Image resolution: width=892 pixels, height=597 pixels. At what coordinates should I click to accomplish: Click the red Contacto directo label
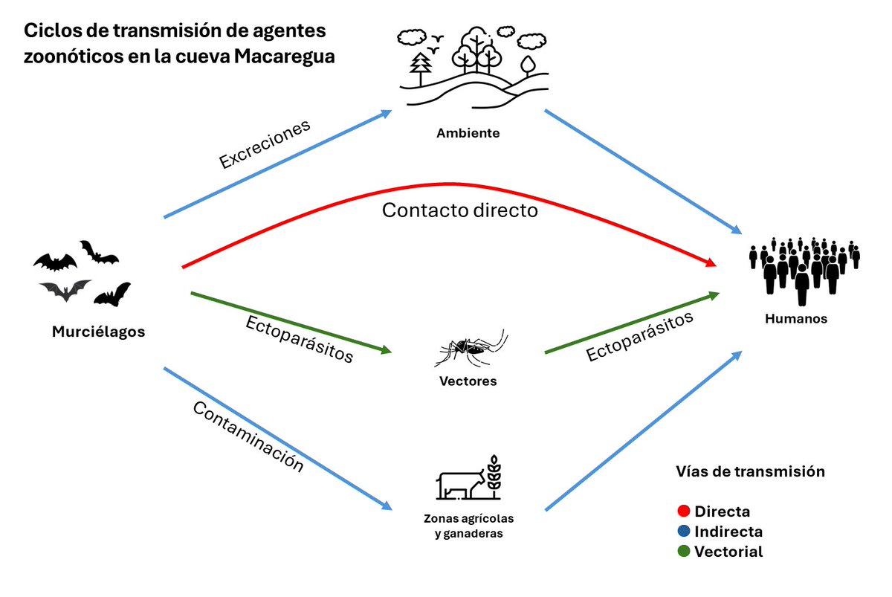coord(459,210)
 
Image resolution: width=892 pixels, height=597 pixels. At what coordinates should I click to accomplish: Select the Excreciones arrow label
coord(265,145)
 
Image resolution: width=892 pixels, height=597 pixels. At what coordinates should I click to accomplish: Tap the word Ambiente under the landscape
coord(468,134)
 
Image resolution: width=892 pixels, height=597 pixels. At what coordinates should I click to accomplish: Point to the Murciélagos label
coord(98,332)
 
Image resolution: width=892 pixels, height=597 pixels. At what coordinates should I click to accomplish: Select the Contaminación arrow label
coord(248,436)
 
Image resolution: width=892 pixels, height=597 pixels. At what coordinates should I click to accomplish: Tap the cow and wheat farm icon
coord(468,479)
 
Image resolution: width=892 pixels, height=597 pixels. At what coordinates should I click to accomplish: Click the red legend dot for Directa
coord(684,512)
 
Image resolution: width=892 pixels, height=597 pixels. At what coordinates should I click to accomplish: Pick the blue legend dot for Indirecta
coord(684,532)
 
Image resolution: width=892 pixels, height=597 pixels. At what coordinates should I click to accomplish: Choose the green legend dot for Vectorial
coord(684,552)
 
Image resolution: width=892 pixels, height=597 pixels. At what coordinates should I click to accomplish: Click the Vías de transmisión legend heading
coord(751,471)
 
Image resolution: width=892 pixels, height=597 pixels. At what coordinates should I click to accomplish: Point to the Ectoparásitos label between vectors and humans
coord(640,336)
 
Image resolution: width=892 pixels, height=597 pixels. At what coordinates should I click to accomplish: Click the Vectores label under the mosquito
coord(468,381)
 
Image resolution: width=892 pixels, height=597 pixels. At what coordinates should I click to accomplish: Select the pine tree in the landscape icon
coord(421,66)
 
